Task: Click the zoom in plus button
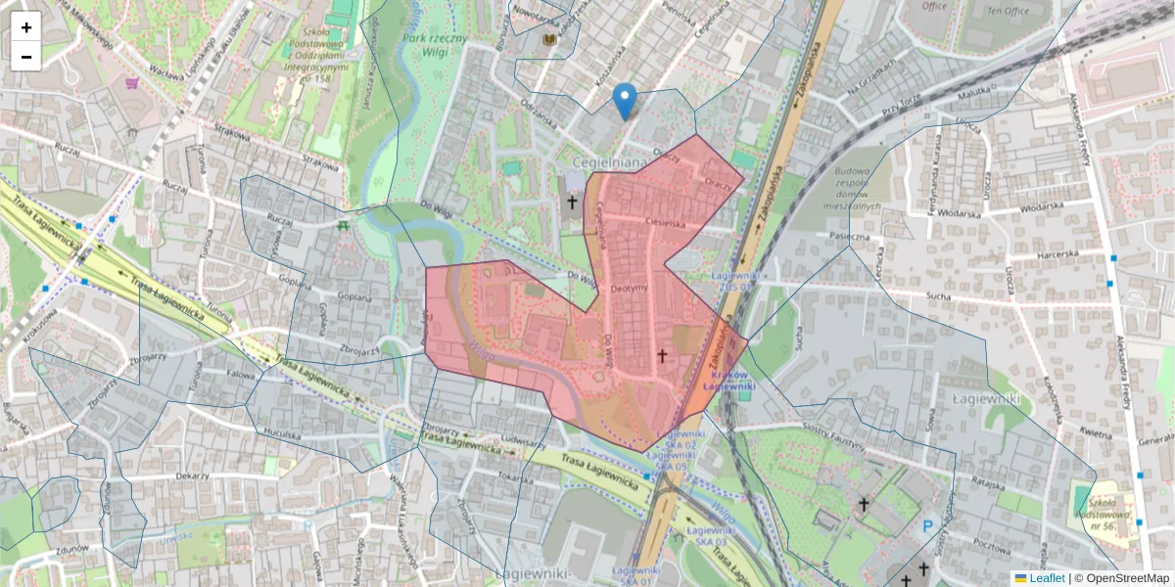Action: click(26, 27)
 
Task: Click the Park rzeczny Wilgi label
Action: click(435, 46)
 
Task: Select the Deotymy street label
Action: click(629, 289)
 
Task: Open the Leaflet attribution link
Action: click(1047, 578)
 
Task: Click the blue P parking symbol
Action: click(927, 527)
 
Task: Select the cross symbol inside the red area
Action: click(662, 357)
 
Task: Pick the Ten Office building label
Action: click(1008, 11)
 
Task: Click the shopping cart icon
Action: click(131, 84)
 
